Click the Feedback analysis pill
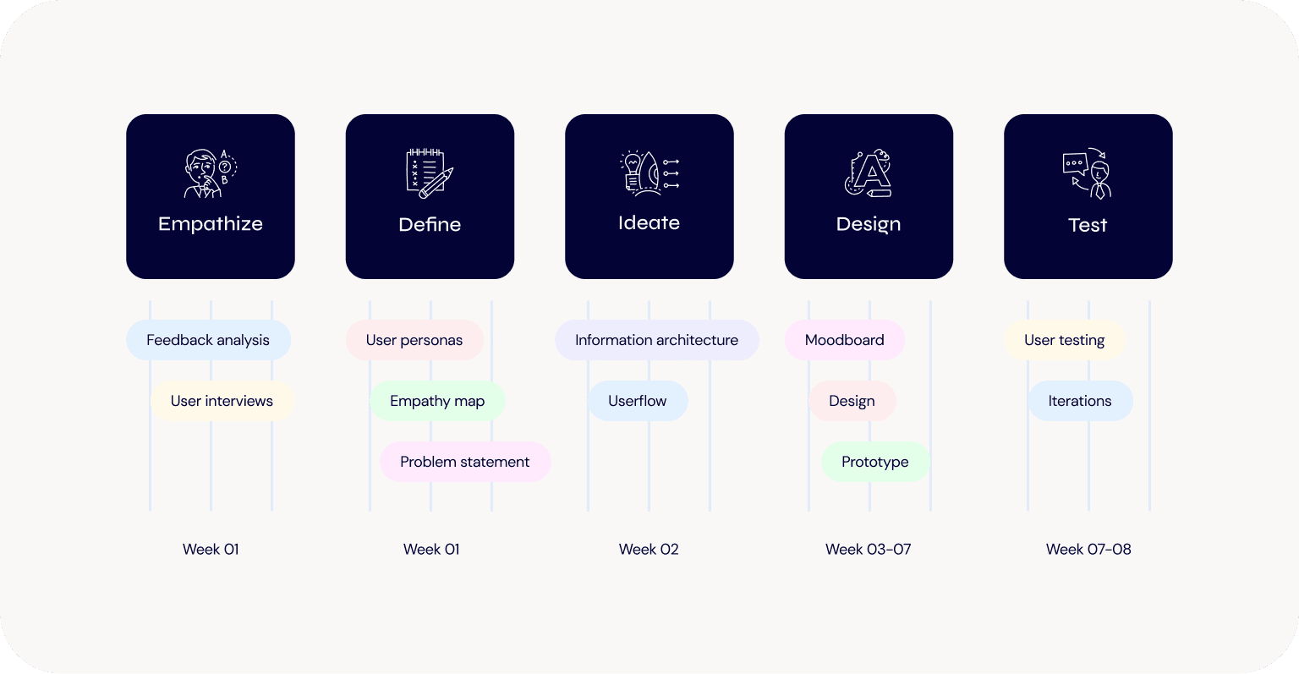[x=208, y=340]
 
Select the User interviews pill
[x=222, y=401]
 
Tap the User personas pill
[x=414, y=340]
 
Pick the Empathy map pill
[x=437, y=401]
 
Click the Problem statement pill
[x=465, y=462]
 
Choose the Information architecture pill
[x=656, y=340]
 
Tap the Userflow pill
[x=638, y=401]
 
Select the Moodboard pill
[x=845, y=340]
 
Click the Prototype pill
[x=875, y=462]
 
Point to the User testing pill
[x=1065, y=340]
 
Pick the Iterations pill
[x=1080, y=401]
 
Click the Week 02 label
[x=649, y=550]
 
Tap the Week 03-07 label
[x=869, y=550]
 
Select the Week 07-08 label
[x=1088, y=550]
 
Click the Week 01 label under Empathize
[x=211, y=550]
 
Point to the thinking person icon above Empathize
[x=210, y=173]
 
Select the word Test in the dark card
[x=1088, y=225]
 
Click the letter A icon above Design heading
[x=869, y=173]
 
